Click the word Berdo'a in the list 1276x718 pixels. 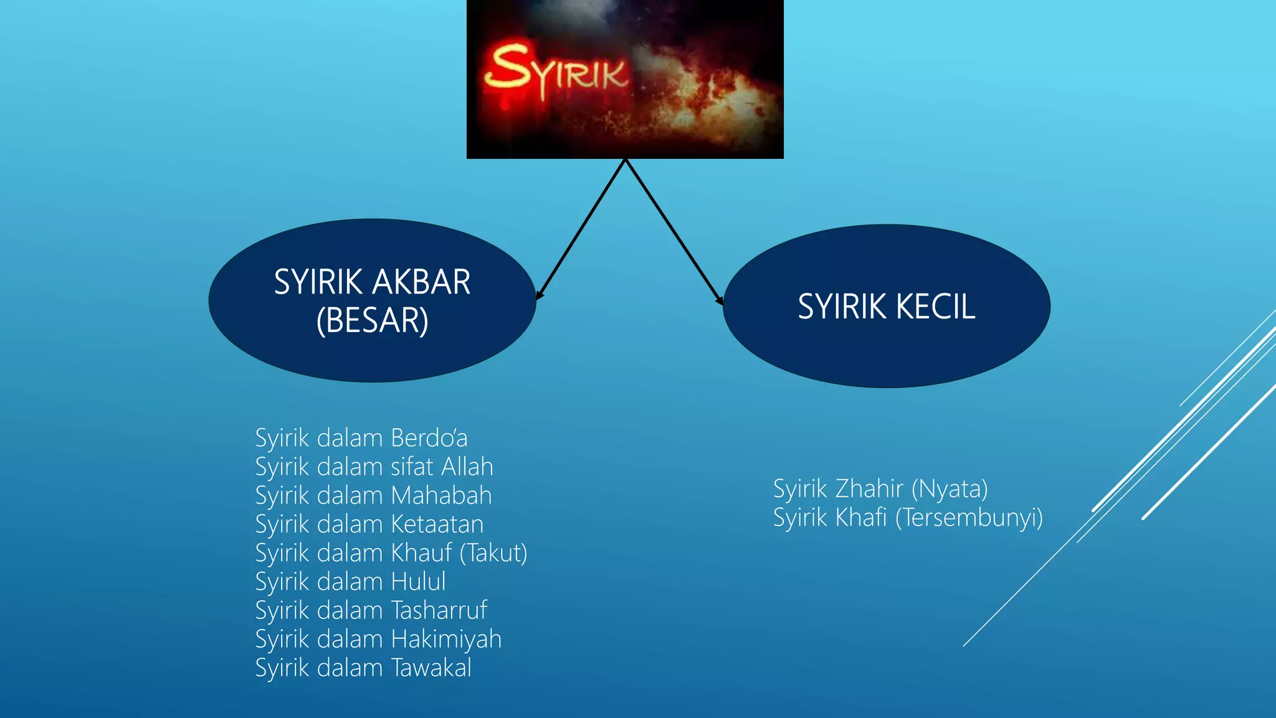(429, 438)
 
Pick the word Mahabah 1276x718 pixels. (441, 495)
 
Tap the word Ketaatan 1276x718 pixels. (437, 524)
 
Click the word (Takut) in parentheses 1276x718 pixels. (493, 553)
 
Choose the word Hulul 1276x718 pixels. (418, 582)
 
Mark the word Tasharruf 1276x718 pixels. (439, 610)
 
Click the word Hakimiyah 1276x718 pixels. (446, 639)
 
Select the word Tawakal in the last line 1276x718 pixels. (431, 668)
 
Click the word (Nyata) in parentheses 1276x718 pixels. (950, 489)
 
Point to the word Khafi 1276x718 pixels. (860, 517)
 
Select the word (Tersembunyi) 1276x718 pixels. (969, 518)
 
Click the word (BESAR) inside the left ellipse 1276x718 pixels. (372, 320)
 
